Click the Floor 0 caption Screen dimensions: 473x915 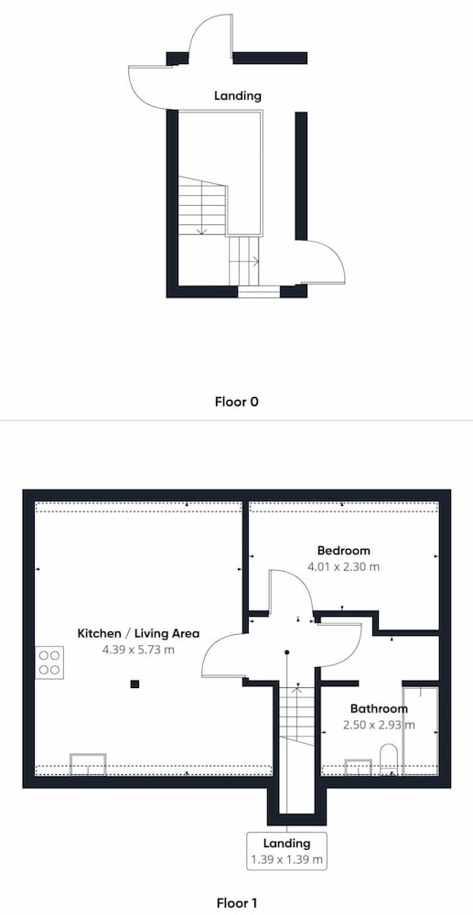point(236,402)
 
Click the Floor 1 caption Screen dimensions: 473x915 point(236,903)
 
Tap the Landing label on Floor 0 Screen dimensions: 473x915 point(237,96)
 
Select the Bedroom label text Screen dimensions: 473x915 point(343,550)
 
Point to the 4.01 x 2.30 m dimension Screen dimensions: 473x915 point(343,566)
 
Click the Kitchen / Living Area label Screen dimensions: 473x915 point(139,633)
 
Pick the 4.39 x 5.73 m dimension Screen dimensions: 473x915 point(138,650)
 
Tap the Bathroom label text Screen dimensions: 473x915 point(379,709)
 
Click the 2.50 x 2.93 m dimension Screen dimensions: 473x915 point(379,726)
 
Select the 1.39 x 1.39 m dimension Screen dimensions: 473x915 point(287,859)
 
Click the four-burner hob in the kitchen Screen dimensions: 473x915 point(49,662)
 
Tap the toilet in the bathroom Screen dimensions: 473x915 point(388,759)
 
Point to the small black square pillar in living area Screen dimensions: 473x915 point(134,684)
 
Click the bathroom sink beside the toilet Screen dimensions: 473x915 point(358,766)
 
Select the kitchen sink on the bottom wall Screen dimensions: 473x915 point(88,764)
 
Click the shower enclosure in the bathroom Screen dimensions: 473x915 point(419,730)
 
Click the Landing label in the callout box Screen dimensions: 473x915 point(287,844)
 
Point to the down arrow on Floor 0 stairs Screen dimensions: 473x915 point(202,231)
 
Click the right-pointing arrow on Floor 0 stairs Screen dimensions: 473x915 point(256,261)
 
